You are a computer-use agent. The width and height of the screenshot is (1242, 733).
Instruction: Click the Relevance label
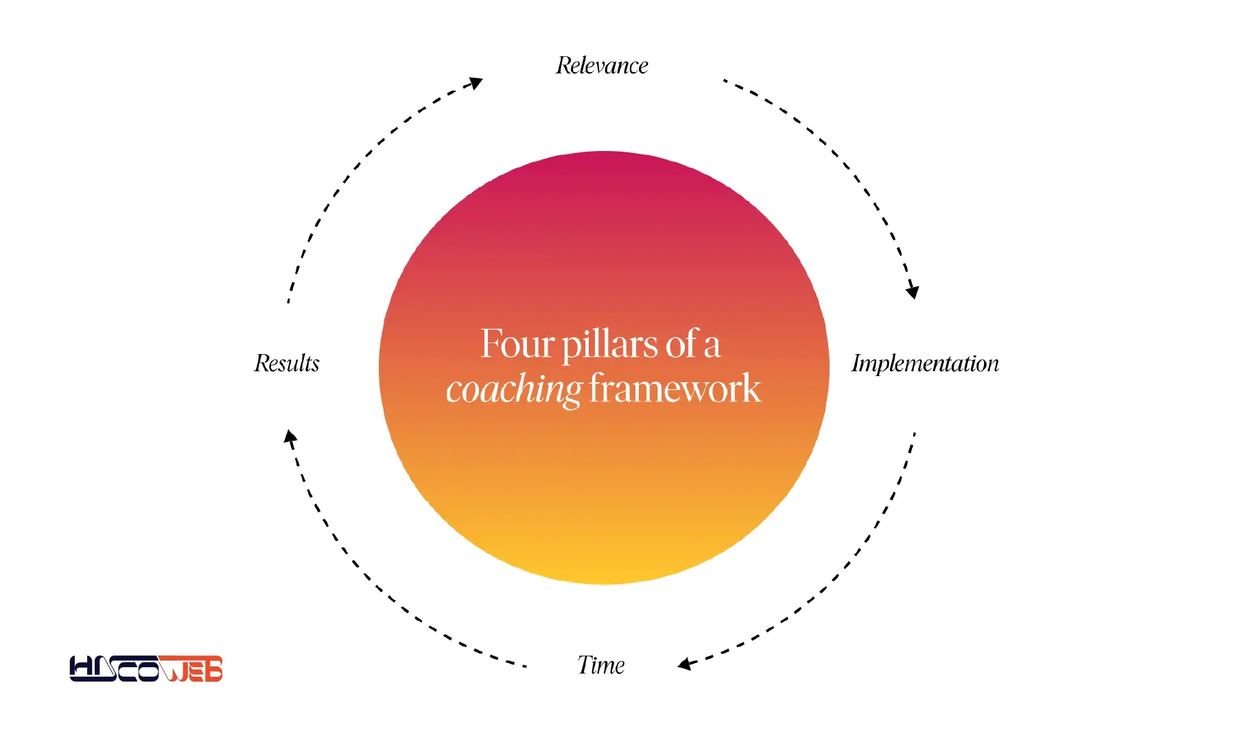pyautogui.click(x=602, y=65)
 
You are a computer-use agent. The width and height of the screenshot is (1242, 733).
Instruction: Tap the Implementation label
pyautogui.click(x=925, y=363)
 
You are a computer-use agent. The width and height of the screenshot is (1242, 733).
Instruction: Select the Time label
pyautogui.click(x=601, y=665)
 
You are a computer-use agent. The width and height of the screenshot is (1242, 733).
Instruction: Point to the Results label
pyautogui.click(x=287, y=363)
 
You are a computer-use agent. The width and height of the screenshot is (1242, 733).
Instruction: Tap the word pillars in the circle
pyautogui.click(x=610, y=345)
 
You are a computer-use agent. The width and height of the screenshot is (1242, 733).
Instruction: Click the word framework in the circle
pyautogui.click(x=675, y=388)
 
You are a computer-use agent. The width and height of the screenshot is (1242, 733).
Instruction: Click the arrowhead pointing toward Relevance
pyautogui.click(x=474, y=84)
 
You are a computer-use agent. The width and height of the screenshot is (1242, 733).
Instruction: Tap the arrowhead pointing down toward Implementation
pyautogui.click(x=912, y=291)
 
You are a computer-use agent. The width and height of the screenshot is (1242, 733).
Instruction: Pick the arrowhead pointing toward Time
pyautogui.click(x=685, y=664)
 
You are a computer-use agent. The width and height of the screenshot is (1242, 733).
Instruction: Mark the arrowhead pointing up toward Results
pyautogui.click(x=291, y=437)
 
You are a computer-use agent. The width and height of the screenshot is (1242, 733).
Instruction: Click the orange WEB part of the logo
pyautogui.click(x=191, y=669)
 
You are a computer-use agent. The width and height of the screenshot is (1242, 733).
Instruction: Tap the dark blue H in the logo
pyautogui.click(x=84, y=668)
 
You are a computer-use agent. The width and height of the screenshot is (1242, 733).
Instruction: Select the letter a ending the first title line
pyautogui.click(x=712, y=346)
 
